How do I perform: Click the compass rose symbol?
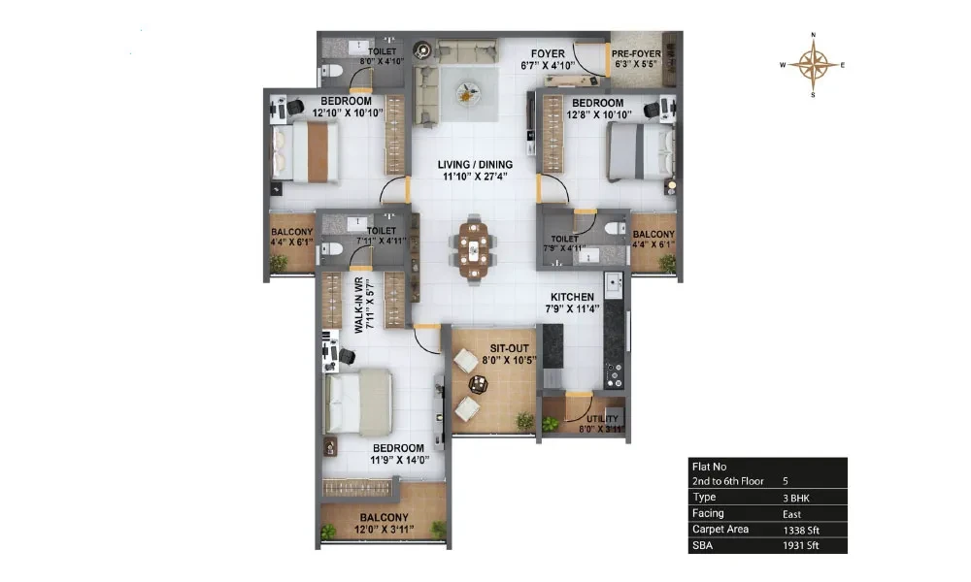coord(813,65)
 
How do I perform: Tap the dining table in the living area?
coord(474,250)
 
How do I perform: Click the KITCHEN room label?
coord(572,297)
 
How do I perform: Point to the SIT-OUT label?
coord(509,348)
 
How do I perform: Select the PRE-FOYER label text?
coord(636,53)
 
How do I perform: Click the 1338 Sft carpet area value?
coord(801,530)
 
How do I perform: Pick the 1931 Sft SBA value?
coord(801,545)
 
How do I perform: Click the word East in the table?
coord(791,514)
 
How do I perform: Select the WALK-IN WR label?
coord(358,305)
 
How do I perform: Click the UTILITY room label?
coord(603,419)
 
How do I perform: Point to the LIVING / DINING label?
coord(475,165)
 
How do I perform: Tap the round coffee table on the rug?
coord(468,94)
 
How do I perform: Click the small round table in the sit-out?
coord(478,385)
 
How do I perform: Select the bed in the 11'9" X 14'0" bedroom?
coord(358,402)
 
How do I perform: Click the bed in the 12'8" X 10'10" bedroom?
coord(640,151)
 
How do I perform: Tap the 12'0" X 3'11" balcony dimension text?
coord(384,530)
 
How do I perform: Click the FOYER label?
coord(548,53)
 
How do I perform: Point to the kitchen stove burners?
coord(614,375)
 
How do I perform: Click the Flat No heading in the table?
coord(709,467)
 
